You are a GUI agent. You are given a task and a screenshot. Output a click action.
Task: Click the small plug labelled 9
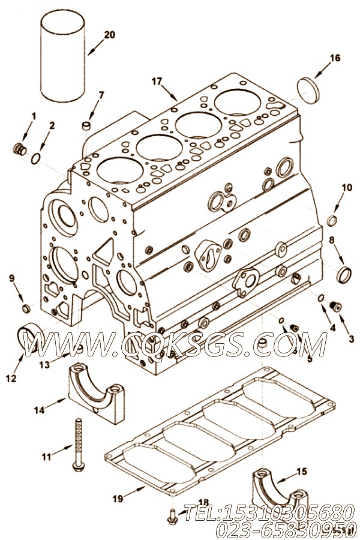click(x=25, y=308)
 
